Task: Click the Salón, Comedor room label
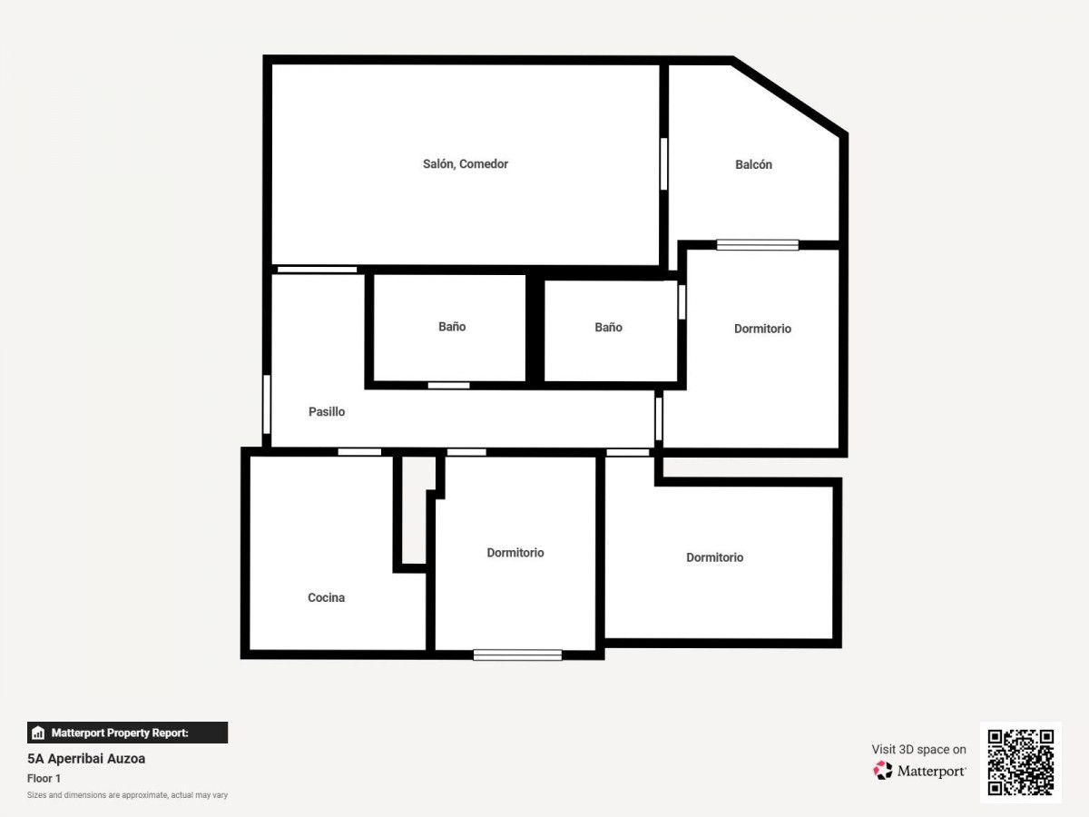tap(466, 164)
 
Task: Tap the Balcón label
tap(753, 164)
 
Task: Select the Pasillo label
tap(327, 412)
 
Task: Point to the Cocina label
tap(326, 597)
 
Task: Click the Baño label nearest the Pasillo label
tap(452, 327)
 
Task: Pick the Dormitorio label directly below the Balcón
tap(762, 329)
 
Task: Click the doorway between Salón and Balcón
tap(663, 163)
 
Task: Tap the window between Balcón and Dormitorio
tap(758, 245)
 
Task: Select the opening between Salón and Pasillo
tap(317, 270)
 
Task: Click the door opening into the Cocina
tap(359, 452)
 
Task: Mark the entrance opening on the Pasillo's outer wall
tap(267, 404)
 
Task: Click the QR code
tap(1021, 763)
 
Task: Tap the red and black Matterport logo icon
tap(883, 771)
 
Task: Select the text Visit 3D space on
tap(918, 750)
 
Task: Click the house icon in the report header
tap(38, 733)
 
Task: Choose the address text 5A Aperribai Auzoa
tap(86, 759)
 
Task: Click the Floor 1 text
tap(44, 778)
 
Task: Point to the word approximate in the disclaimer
tap(145, 795)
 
